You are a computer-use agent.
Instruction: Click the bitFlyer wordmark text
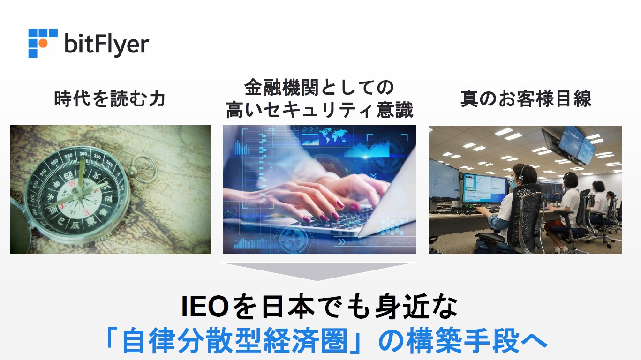107,44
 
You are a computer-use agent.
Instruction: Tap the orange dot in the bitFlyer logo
43,43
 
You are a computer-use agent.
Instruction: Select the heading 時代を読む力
110,98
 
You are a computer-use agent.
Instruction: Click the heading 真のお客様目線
526,98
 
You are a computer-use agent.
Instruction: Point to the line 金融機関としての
319,87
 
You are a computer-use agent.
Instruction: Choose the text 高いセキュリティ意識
319,110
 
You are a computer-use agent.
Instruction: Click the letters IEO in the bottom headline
205,307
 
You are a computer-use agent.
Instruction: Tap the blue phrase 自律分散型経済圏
234,340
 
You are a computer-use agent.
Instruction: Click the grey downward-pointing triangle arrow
317,271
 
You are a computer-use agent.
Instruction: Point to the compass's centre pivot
77,191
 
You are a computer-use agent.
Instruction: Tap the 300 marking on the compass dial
83,154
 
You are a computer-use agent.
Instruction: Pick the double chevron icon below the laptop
342,242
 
